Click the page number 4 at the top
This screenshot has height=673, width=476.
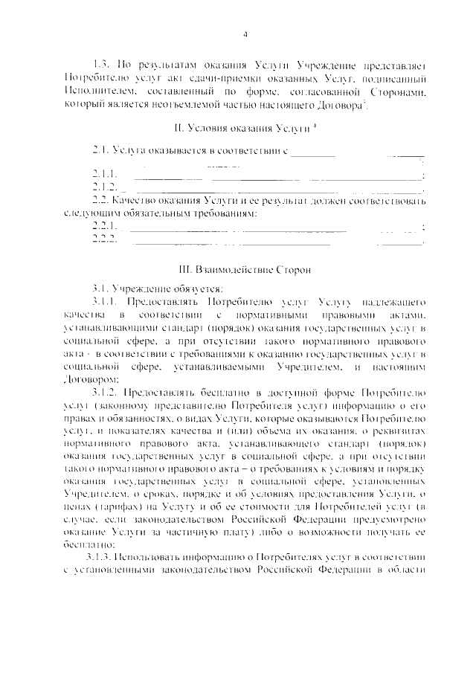tap(244, 34)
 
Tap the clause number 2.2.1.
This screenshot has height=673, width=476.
tap(103, 226)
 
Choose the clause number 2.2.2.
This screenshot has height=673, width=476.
tap(103, 239)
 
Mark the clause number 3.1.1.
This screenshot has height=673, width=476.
tap(103, 303)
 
